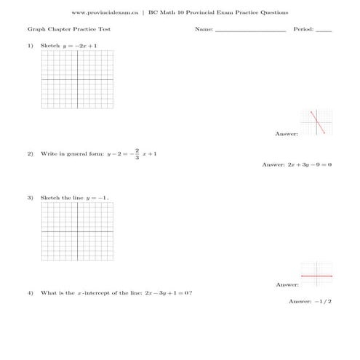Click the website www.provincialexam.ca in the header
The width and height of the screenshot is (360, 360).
pyautogui.click(x=106, y=12)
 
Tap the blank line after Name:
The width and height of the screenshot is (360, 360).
pyautogui.click(x=250, y=31)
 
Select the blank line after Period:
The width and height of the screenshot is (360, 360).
pyautogui.click(x=324, y=31)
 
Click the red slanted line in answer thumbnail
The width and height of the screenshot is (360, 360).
pyautogui.click(x=317, y=122)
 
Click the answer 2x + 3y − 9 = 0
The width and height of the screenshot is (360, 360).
pyautogui.click(x=305, y=165)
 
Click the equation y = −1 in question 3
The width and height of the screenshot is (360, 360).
pyautogui.click(x=97, y=198)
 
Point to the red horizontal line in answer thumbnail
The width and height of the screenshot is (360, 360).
pyautogui.click(x=316, y=276)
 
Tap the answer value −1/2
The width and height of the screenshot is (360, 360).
pyautogui.click(x=323, y=301)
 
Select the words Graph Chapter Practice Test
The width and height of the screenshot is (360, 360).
pyautogui.click(x=60, y=30)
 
